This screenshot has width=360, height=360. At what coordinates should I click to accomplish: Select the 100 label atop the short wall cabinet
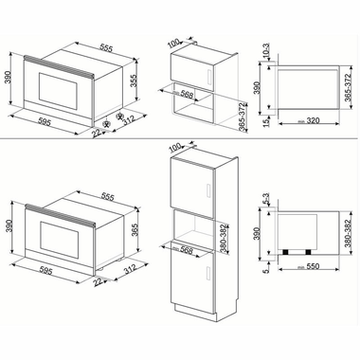tap(173, 42)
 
